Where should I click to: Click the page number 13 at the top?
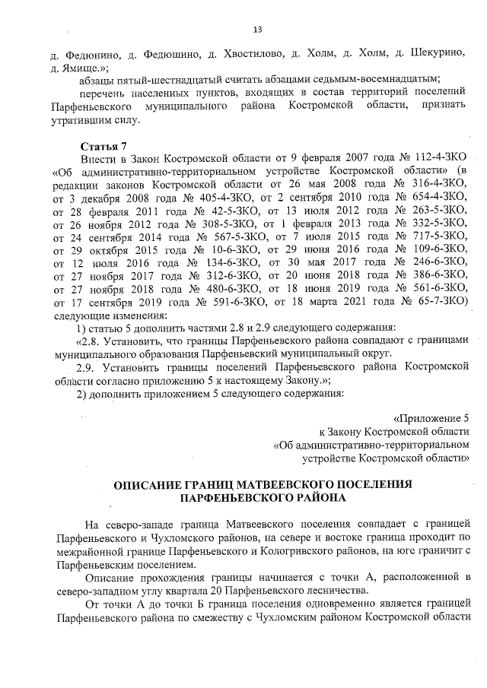tap(256, 30)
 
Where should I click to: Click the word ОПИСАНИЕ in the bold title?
tap(148, 484)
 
